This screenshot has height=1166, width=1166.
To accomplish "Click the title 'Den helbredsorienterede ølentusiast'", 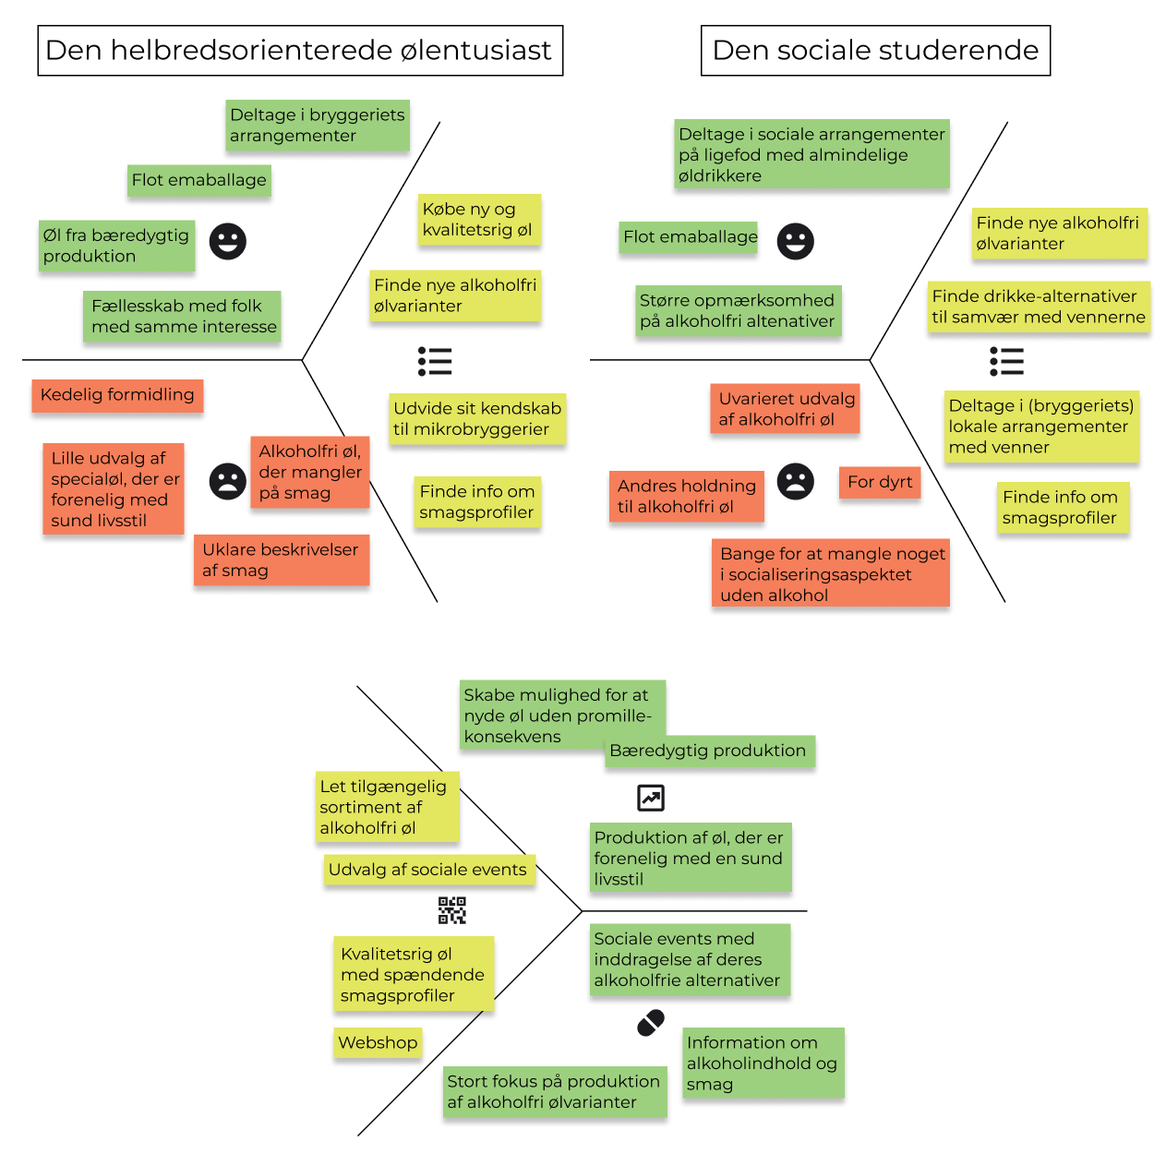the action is tap(299, 50).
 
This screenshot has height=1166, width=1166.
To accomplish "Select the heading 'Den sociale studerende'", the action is tap(875, 50).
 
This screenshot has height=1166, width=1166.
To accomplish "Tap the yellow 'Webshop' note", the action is tap(378, 1042).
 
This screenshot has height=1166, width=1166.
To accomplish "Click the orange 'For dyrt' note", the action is tap(879, 482).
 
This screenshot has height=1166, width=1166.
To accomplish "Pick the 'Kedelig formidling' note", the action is tap(117, 395).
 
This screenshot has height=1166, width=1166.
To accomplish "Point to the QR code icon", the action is tap(452, 910).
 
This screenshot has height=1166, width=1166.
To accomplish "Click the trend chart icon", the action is tap(651, 798).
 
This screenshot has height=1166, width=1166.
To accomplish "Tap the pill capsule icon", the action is tap(651, 1023).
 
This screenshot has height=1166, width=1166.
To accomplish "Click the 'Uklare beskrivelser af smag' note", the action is tap(282, 559).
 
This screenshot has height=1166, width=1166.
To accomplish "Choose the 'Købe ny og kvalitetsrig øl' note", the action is tap(479, 220).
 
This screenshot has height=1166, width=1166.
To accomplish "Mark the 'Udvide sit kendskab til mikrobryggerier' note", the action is tap(477, 419).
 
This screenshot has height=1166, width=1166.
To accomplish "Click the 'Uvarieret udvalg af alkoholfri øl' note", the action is tap(785, 408).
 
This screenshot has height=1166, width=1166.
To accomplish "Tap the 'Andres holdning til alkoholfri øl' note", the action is tap(687, 496).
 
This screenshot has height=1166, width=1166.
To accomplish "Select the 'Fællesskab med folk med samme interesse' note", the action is tap(182, 316).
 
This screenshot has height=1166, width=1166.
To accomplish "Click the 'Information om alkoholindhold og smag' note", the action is tap(763, 1063).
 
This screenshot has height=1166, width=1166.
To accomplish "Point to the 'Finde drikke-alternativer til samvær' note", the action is tap(1039, 307).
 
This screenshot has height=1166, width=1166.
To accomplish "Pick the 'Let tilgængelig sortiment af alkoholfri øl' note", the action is tap(387, 807).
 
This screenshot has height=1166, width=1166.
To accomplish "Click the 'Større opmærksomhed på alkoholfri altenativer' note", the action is tap(739, 310).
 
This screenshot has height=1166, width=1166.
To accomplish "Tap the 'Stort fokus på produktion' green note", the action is tap(555, 1091).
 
